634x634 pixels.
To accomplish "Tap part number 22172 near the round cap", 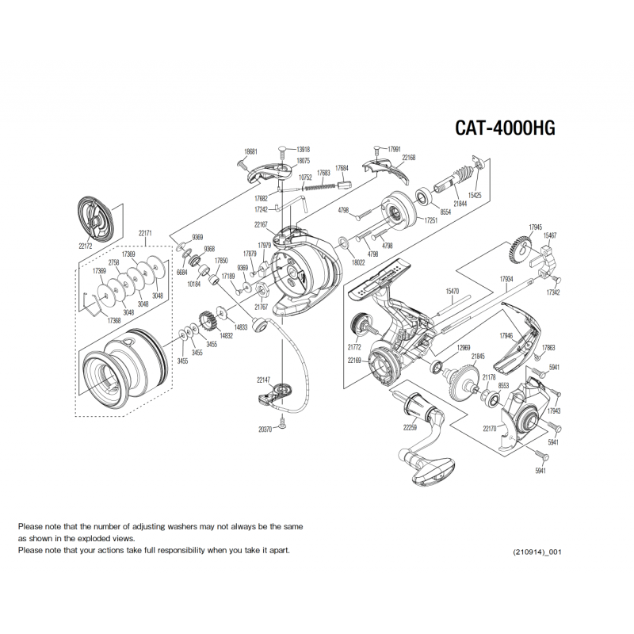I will [86, 246].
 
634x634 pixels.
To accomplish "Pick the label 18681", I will [250, 151].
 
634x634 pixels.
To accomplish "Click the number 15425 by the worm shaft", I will [475, 193].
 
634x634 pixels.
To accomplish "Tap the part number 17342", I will [552, 293].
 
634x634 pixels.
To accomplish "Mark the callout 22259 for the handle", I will [409, 428].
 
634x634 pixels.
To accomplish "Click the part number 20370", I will [265, 429].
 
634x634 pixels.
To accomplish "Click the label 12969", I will [464, 347].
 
